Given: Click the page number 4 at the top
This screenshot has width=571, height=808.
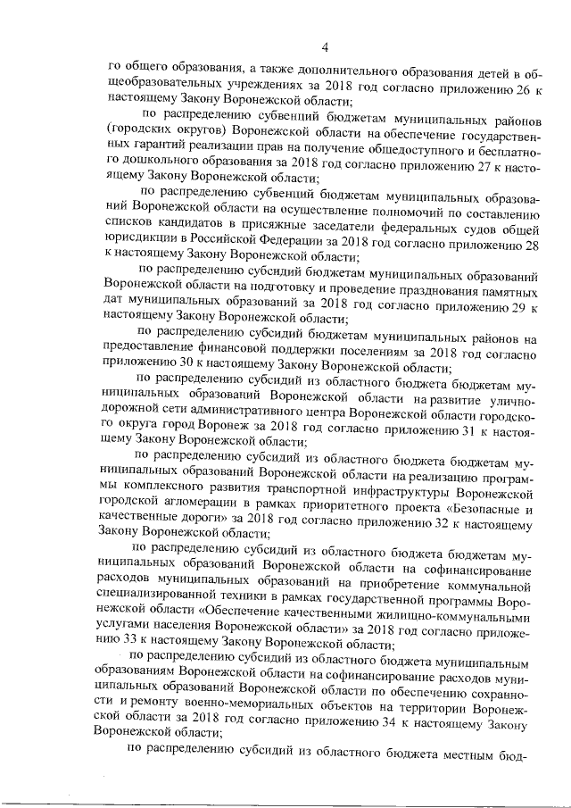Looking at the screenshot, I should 326,47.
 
